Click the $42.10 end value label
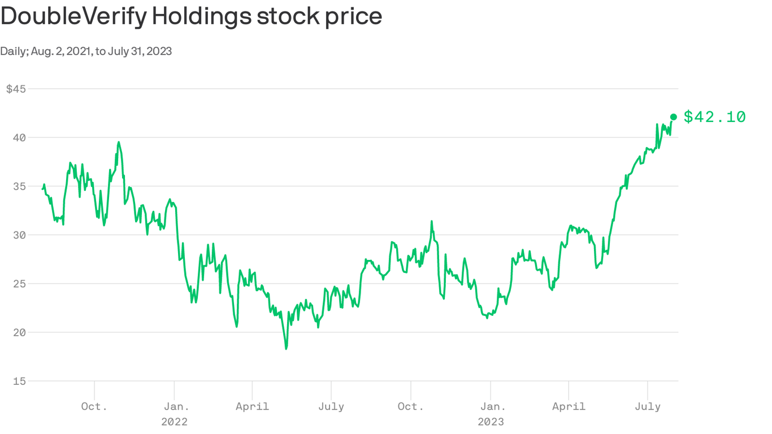tap(714, 117)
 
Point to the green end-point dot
tap(673, 117)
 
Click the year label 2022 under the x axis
tap(174, 422)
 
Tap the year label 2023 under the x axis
tap(491, 422)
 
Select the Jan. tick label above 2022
tap(176, 406)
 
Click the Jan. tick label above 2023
tap(493, 406)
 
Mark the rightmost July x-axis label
tap(648, 406)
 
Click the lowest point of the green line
tap(286, 349)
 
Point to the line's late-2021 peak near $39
tap(119, 142)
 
